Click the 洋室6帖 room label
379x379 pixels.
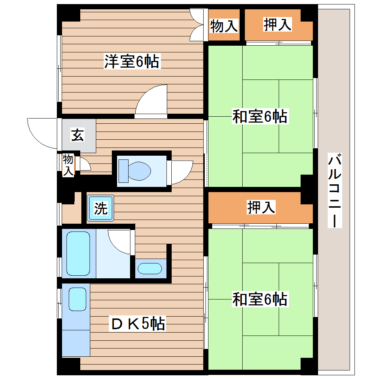[132, 62]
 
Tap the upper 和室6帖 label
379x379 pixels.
[260, 117]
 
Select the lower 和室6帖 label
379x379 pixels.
[260, 299]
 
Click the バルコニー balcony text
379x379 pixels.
[334, 190]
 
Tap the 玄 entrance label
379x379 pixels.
[77, 135]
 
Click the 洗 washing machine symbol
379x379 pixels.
[100, 208]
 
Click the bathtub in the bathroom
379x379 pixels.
[78, 253]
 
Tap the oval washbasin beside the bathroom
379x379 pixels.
[149, 268]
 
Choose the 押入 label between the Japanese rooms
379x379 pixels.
[261, 208]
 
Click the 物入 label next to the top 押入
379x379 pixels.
[224, 26]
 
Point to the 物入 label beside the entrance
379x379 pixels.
[68, 165]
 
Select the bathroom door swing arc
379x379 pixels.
[120, 242]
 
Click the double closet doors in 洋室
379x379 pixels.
[196, 25]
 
